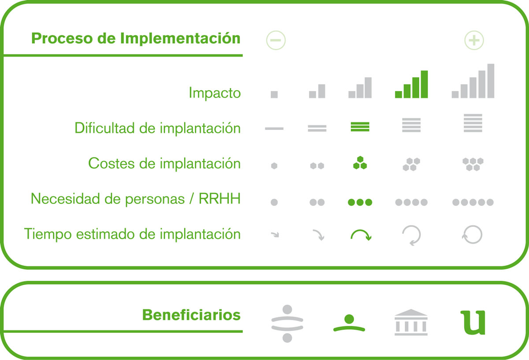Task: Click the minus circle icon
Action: (276, 40)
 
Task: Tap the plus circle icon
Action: (474, 40)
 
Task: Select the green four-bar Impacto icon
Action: (411, 84)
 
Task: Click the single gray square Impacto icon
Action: (274, 94)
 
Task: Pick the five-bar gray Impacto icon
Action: (473, 81)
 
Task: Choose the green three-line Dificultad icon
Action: (360, 127)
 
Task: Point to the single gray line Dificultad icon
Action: (274, 128)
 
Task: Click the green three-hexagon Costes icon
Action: (360, 163)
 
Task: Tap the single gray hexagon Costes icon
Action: (274, 166)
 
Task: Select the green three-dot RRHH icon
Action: (360, 202)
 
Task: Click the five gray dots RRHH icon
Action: (473, 202)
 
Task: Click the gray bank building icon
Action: (411, 322)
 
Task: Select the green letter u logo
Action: (473, 322)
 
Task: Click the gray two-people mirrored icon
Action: (287, 323)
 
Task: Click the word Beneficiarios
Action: (191, 315)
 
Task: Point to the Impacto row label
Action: (215, 93)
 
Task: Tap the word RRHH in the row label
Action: (220, 199)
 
